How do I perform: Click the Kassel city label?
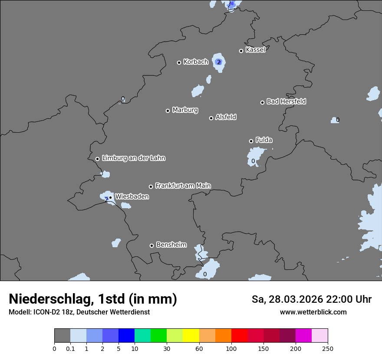(255, 50)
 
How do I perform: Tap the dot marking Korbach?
(179, 62)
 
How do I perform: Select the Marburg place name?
(185, 110)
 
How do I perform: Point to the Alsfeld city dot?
(211, 118)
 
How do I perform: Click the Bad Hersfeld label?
(286, 101)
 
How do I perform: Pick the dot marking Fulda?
(251, 141)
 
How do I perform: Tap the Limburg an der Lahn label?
(133, 158)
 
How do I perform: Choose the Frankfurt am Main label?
(183, 186)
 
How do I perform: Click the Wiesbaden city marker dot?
(110, 197)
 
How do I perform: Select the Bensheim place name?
(171, 245)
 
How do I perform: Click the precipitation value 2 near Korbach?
(219, 62)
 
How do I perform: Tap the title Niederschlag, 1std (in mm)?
(93, 299)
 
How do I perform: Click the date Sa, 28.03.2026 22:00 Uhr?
(311, 299)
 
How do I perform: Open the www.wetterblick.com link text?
(313, 312)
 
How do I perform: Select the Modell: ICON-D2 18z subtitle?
(79, 312)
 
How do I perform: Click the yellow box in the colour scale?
(191, 336)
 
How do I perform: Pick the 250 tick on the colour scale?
(328, 348)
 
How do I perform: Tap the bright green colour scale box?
(159, 336)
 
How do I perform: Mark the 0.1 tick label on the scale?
(70, 348)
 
